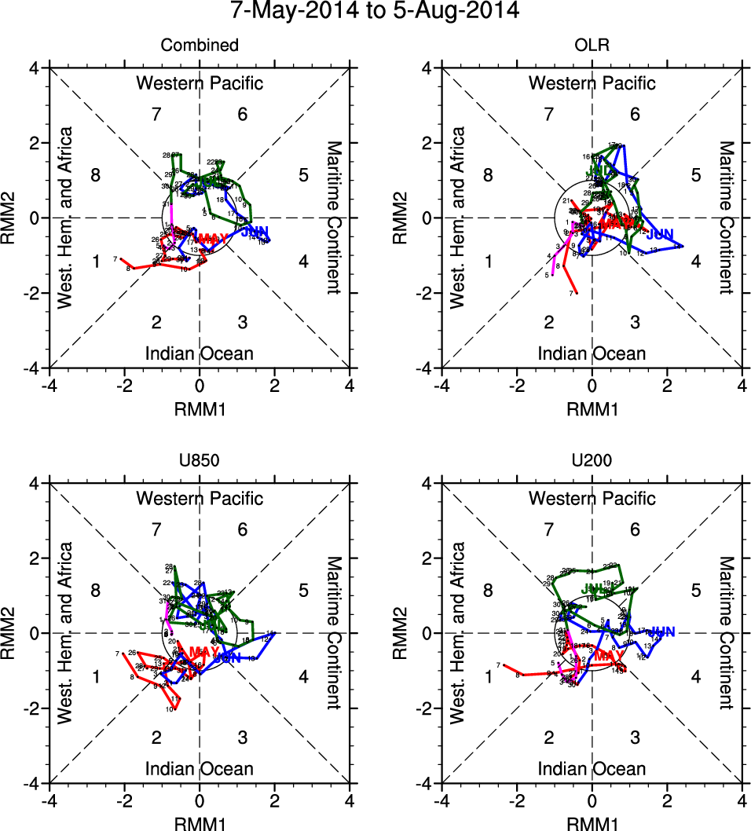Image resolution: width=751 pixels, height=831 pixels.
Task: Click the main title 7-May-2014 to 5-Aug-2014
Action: point(375,12)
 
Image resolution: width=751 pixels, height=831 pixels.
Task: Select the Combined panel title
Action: point(200,46)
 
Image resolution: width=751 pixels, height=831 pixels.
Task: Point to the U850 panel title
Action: point(200,461)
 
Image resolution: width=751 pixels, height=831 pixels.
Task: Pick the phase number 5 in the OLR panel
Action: point(695,175)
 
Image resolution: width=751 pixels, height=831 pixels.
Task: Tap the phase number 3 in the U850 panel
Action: point(243,737)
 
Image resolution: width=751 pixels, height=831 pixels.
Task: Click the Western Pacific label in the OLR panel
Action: point(592,83)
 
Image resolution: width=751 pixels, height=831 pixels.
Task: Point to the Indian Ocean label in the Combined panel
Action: point(200,353)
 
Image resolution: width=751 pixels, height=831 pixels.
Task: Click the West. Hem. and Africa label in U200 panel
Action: point(459,632)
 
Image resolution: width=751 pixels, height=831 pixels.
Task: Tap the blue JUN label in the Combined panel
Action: point(255,232)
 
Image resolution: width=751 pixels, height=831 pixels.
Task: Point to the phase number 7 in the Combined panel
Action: point(156,115)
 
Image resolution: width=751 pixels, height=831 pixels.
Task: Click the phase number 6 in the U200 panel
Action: point(635,530)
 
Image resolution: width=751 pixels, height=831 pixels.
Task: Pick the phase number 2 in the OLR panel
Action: point(548,321)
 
